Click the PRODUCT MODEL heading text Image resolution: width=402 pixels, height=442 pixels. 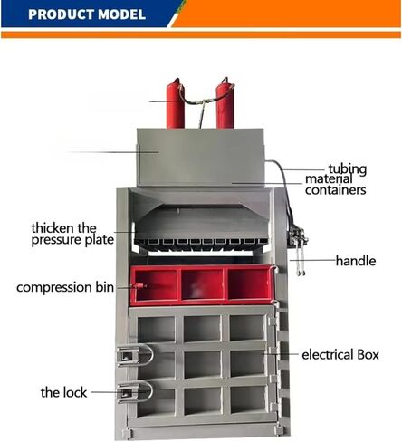click(87, 14)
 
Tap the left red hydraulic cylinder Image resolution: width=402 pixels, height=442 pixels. click(176, 103)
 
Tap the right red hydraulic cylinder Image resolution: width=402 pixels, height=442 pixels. click(225, 102)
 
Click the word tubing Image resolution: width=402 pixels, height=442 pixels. click(348, 169)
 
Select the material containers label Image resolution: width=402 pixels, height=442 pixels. click(336, 185)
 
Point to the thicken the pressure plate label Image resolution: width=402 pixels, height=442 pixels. click(72, 235)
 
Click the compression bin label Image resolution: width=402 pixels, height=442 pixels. click(65, 287)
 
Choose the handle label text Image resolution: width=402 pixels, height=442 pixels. click(356, 261)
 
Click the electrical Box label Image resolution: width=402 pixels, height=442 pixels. click(340, 354)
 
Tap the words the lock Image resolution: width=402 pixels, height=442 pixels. click(63, 392)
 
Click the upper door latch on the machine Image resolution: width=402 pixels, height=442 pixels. click(135, 356)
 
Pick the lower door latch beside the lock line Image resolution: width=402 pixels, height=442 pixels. click(135, 391)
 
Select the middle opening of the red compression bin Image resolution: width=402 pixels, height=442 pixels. click(202, 284)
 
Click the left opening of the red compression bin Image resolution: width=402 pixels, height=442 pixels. click(156, 284)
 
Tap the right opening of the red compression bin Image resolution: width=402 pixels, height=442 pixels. click(249, 284)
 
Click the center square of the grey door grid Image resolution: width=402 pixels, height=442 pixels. click(202, 364)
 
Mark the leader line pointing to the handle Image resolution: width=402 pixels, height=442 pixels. click(312, 260)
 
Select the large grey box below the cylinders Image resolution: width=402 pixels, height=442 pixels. click(201, 158)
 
